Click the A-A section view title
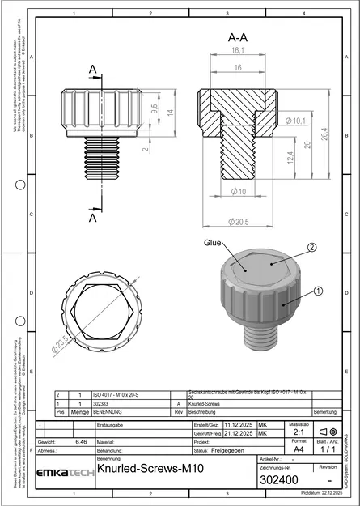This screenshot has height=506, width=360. [237, 37]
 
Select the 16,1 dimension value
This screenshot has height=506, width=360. [237, 50]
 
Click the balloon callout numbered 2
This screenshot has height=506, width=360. [311, 248]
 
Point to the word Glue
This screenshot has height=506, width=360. [213, 242]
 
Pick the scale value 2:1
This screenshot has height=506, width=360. [298, 432]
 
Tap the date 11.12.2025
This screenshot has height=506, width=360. [239, 424]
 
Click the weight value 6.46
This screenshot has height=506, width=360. [81, 442]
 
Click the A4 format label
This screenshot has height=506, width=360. [298, 448]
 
